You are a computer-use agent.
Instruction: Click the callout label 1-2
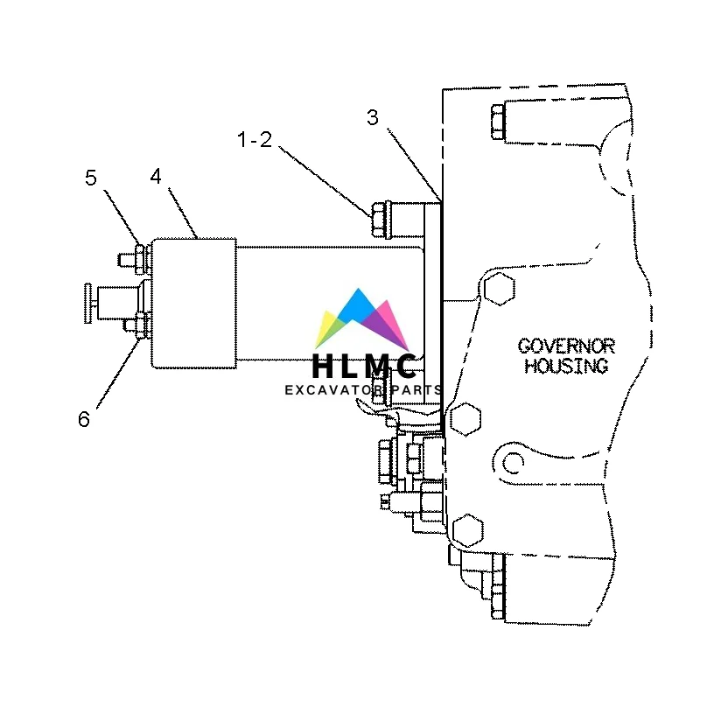[x=255, y=139]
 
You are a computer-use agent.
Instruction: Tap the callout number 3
[x=373, y=118]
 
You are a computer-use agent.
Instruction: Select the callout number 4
[x=156, y=176]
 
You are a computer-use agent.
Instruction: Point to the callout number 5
[x=91, y=178]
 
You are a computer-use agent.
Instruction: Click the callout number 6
[x=83, y=419]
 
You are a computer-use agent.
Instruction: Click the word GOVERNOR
[x=566, y=346]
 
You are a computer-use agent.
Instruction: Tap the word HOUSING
[x=566, y=367]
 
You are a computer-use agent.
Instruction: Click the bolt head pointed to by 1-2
[x=380, y=220]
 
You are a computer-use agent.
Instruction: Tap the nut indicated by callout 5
[x=142, y=257]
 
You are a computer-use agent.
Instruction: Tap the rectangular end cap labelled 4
[x=193, y=302]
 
